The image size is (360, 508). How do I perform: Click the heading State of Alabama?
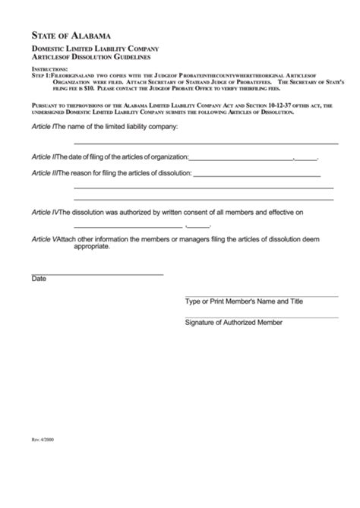point(72,35)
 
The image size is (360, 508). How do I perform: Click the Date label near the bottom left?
point(39,279)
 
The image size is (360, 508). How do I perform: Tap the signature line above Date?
point(97,273)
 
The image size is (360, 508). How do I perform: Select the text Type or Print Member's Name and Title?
point(245,301)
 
